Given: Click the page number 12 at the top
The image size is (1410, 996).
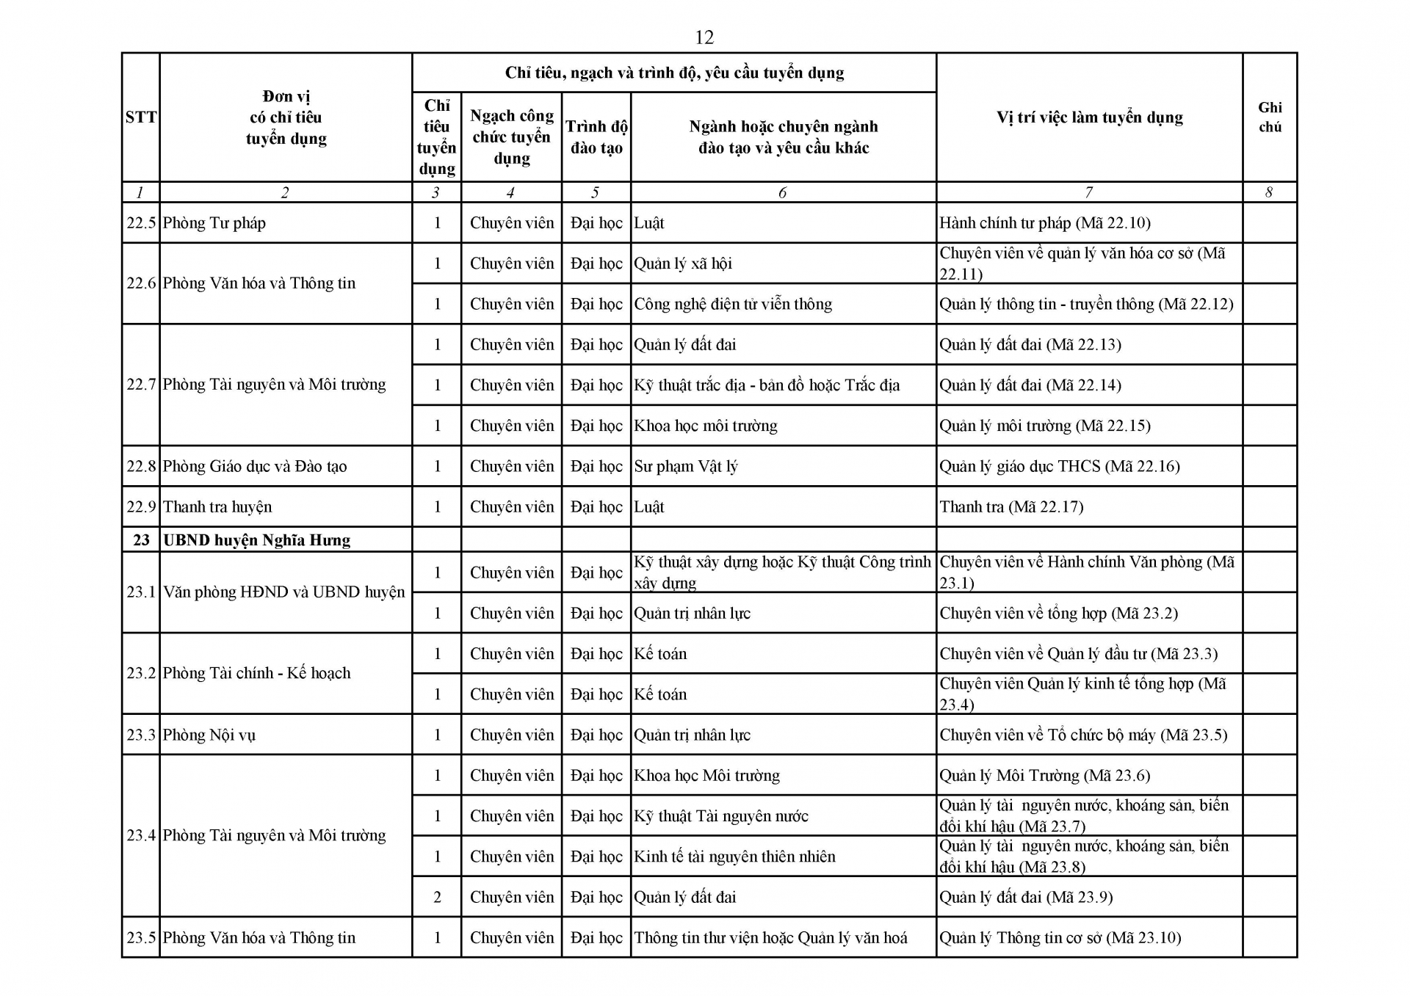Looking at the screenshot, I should click(704, 37).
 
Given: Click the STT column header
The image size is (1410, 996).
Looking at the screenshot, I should click(140, 117).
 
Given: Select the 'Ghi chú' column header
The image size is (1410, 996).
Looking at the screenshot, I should click(1270, 117).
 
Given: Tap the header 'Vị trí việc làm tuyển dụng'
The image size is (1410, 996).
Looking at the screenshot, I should click(1089, 117).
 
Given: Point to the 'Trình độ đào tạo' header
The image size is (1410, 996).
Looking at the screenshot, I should click(596, 137).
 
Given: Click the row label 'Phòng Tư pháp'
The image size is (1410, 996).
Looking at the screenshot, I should click(214, 223).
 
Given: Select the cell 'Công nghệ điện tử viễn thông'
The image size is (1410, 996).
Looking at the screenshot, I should click(733, 304).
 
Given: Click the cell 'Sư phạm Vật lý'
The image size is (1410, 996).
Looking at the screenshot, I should click(686, 466).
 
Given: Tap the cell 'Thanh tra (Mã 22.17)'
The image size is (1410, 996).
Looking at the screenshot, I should click(1011, 506).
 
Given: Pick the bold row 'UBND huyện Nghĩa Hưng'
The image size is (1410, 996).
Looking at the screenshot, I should click(257, 540).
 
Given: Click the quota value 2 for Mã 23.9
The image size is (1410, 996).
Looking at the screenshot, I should click(437, 897).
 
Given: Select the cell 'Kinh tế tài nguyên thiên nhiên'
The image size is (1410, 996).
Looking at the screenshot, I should click(734, 857).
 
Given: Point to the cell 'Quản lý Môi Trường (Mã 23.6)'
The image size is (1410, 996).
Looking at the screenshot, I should click(1044, 775).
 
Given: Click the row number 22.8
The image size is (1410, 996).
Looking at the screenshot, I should click(141, 466).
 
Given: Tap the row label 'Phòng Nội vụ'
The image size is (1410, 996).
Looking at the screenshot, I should click(209, 735).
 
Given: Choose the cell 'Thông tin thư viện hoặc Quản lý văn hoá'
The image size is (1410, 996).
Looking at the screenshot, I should click(770, 937).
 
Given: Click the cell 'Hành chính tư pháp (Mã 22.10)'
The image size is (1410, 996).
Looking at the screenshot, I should click(1044, 223).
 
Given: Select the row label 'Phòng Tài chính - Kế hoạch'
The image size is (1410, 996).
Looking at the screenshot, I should click(257, 673).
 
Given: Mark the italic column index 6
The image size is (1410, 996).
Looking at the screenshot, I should click(782, 193).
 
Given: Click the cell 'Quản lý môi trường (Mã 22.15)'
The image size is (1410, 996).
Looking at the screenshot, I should click(1044, 426).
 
